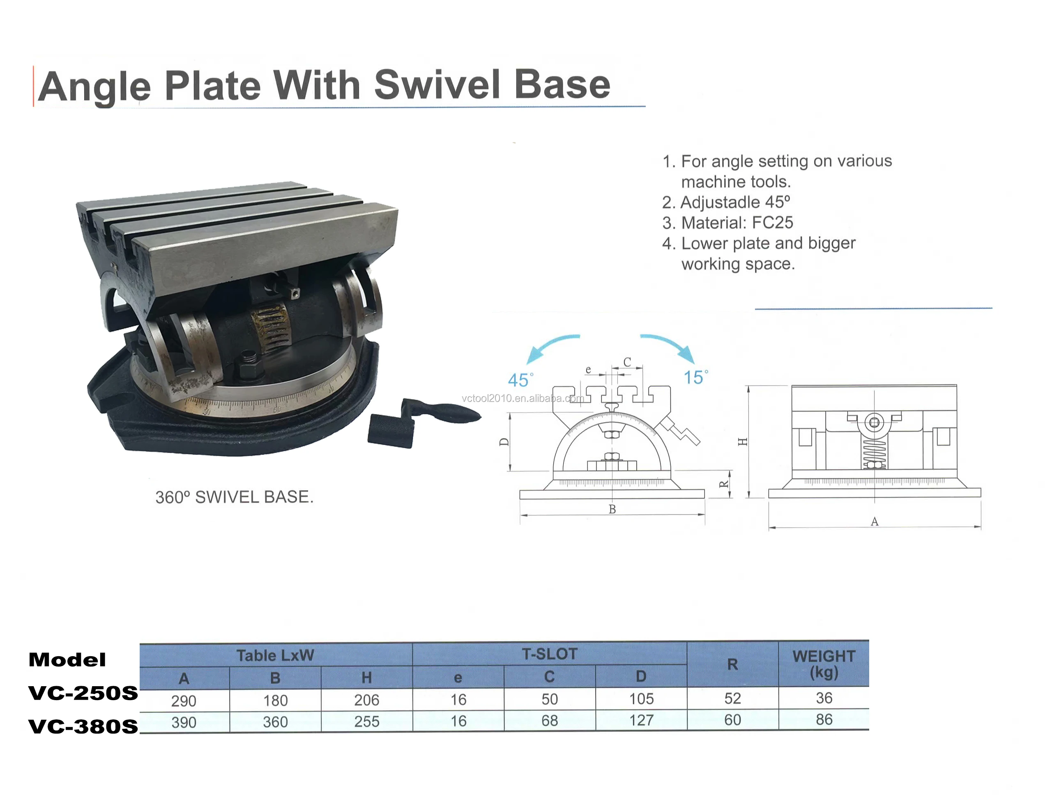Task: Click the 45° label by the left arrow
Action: click(x=520, y=379)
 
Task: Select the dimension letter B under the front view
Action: click(x=612, y=509)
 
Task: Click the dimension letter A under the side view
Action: click(x=874, y=522)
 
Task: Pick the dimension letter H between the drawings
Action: click(x=743, y=441)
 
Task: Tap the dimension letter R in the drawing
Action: click(x=724, y=484)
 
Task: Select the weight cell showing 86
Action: click(x=824, y=719)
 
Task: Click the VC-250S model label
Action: click(x=83, y=693)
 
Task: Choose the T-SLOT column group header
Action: click(x=549, y=654)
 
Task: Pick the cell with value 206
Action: click(x=366, y=700)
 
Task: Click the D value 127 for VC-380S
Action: click(x=641, y=720)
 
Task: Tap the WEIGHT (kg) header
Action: click(x=824, y=664)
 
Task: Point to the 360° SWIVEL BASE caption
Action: click(x=234, y=497)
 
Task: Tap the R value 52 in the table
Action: click(x=732, y=698)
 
